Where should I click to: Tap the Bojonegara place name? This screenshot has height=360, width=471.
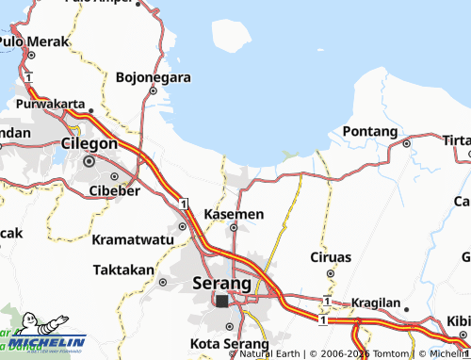[154, 77]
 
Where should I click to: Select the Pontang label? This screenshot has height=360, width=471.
[369, 131]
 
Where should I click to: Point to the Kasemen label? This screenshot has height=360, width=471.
[234, 215]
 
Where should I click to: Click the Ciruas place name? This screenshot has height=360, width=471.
[331, 256]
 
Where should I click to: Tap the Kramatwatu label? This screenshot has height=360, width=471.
[132, 240]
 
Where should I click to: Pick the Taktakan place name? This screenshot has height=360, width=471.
[123, 270]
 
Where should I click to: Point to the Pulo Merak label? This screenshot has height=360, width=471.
[36, 42]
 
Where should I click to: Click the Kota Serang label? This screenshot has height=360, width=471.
[222, 342]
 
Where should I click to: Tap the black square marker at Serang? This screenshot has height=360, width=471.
[221, 302]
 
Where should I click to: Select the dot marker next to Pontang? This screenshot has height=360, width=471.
[406, 143]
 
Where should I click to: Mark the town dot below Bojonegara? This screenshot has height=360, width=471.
[153, 91]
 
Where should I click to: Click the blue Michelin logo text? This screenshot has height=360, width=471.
[56, 341]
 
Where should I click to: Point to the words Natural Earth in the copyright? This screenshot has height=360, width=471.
[270, 354]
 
